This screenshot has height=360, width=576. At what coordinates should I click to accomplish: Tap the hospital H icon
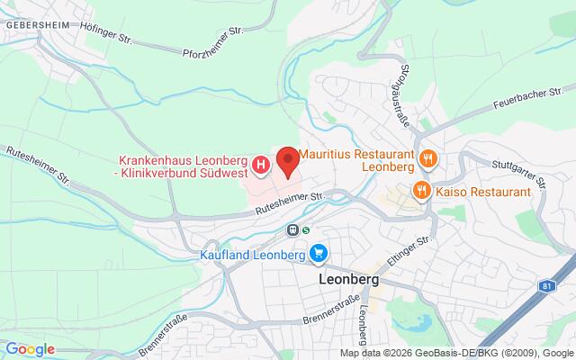click(261, 165)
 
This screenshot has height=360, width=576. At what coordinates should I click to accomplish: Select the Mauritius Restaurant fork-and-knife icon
click(427, 159)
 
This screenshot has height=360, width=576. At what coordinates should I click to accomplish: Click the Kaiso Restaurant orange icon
click(420, 191)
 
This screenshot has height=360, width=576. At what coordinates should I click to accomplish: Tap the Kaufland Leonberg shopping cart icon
click(318, 256)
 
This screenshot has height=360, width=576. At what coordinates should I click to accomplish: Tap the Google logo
click(30, 349)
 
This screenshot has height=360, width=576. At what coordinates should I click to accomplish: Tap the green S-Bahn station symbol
click(306, 229)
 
